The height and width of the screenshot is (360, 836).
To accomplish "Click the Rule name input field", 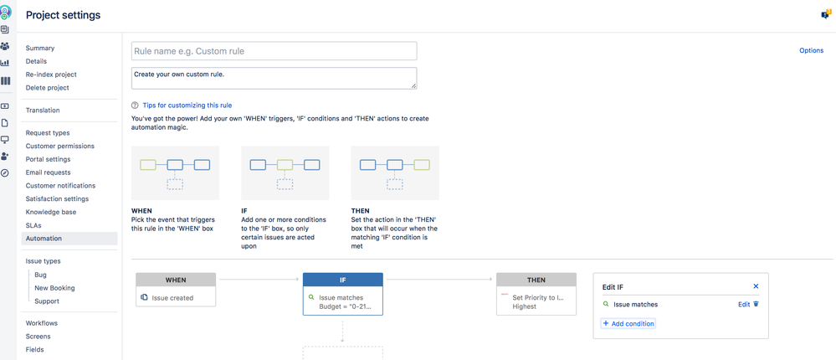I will (x=274, y=51).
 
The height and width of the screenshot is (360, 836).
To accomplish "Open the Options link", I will (x=811, y=51).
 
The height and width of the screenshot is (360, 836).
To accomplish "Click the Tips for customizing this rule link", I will (x=187, y=105).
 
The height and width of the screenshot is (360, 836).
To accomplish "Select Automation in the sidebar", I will (x=44, y=239).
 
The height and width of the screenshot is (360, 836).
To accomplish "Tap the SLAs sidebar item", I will (x=34, y=225).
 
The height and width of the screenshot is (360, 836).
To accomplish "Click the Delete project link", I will (x=48, y=88).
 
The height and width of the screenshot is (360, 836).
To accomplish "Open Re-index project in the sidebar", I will (x=51, y=75).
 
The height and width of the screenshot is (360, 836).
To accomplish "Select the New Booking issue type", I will (x=54, y=288).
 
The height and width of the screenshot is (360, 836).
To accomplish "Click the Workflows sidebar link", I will (x=42, y=323).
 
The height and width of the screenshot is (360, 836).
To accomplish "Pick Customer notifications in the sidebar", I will (x=60, y=186).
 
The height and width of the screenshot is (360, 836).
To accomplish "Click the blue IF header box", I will (x=342, y=280).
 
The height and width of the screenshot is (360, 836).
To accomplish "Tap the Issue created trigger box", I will (x=176, y=297).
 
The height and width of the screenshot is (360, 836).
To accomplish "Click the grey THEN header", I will (x=536, y=280).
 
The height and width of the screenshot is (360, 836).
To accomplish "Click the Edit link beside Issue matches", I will (x=744, y=305).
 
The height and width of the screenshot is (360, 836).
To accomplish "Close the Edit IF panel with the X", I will (x=756, y=286).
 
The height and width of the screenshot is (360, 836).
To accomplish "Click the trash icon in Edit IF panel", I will (x=757, y=305).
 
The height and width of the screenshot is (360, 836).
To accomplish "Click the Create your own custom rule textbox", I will (x=274, y=78).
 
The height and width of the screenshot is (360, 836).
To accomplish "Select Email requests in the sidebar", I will (x=49, y=172).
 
